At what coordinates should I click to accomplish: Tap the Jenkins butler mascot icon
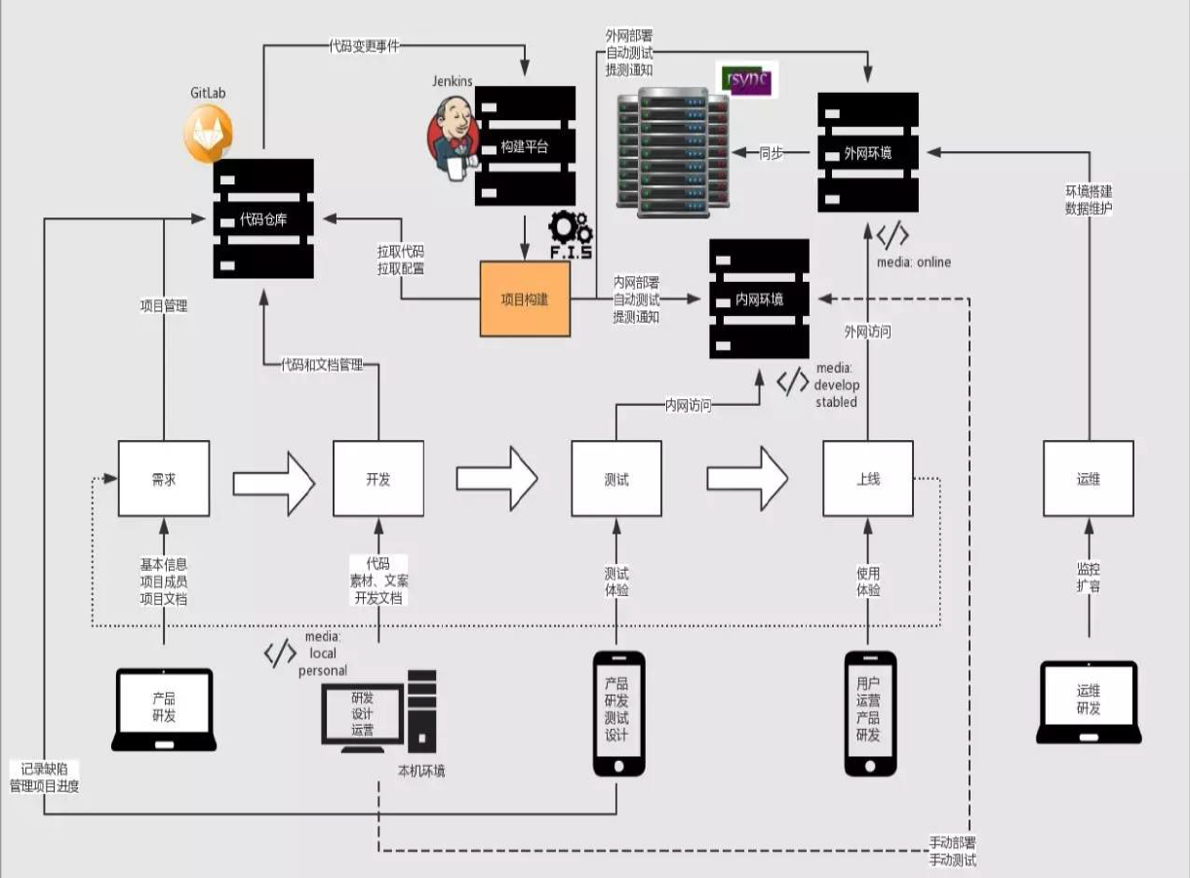tap(450, 140)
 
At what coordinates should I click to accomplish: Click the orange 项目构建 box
tap(525, 299)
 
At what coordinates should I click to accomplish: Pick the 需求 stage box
tap(163, 479)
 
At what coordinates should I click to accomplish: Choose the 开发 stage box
tap(378, 479)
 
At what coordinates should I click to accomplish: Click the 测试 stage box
tap(616, 479)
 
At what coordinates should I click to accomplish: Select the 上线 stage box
tap(868, 479)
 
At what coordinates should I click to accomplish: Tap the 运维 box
tap(1089, 479)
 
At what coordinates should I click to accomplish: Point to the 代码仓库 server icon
tap(264, 219)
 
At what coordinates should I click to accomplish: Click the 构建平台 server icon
tap(525, 146)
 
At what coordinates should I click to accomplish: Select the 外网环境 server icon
tap(868, 152)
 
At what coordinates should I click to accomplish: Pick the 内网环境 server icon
tap(759, 299)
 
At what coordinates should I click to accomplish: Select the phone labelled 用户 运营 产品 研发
tap(870, 713)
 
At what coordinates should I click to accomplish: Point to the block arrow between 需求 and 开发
tap(274, 480)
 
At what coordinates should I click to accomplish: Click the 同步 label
tap(771, 152)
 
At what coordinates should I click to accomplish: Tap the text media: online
tap(914, 261)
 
